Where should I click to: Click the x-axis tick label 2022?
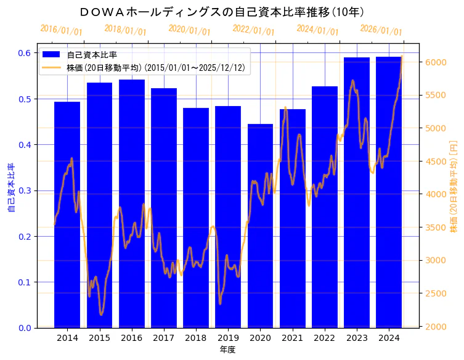(x=324, y=338)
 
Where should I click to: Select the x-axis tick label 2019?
(x=228, y=338)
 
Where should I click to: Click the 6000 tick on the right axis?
(x=435, y=62)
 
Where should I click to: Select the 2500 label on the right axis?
(x=435, y=293)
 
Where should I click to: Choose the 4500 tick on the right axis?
(x=435, y=162)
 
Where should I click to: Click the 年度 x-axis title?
(x=227, y=350)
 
